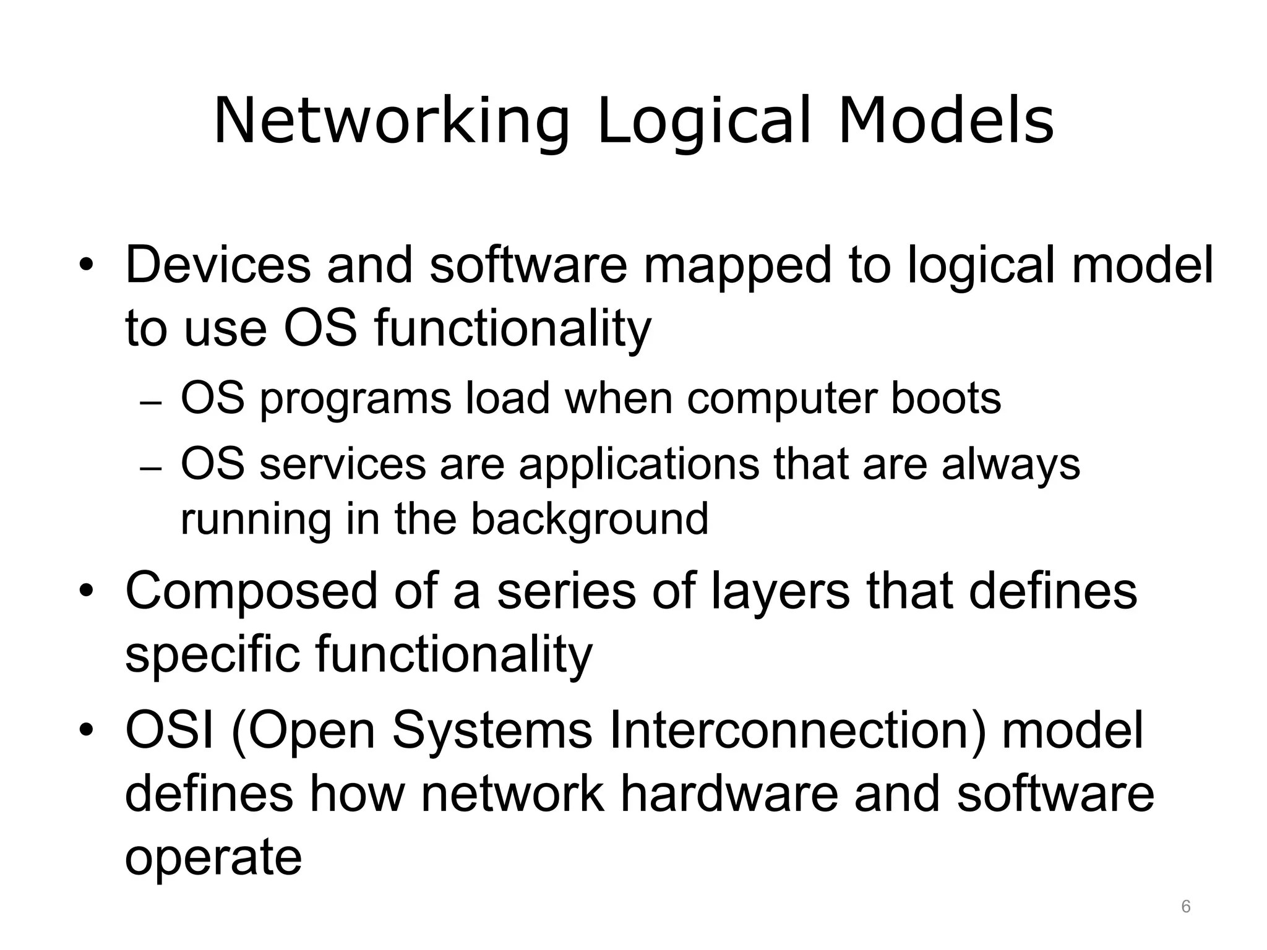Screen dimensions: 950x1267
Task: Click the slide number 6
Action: tap(1186, 907)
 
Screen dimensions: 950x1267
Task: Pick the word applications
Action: tap(638, 465)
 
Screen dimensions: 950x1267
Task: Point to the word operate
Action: tap(213, 860)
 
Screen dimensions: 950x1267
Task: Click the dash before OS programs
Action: tap(151, 403)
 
